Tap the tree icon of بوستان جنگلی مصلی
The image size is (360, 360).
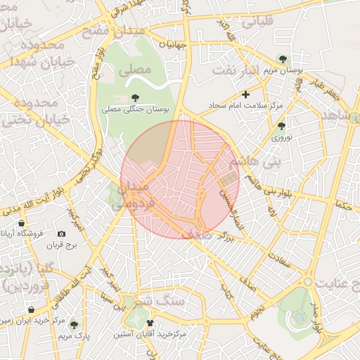click(134, 97)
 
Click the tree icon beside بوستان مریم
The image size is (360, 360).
click(282, 59)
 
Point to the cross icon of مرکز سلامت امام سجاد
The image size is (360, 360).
click(245, 94)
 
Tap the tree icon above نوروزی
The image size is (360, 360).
click(281, 127)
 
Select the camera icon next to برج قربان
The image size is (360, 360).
click(61, 233)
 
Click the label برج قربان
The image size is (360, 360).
click(60, 245)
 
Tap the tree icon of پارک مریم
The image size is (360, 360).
click(74, 324)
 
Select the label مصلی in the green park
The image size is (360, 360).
click(136, 70)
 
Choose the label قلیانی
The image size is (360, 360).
click(257, 22)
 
